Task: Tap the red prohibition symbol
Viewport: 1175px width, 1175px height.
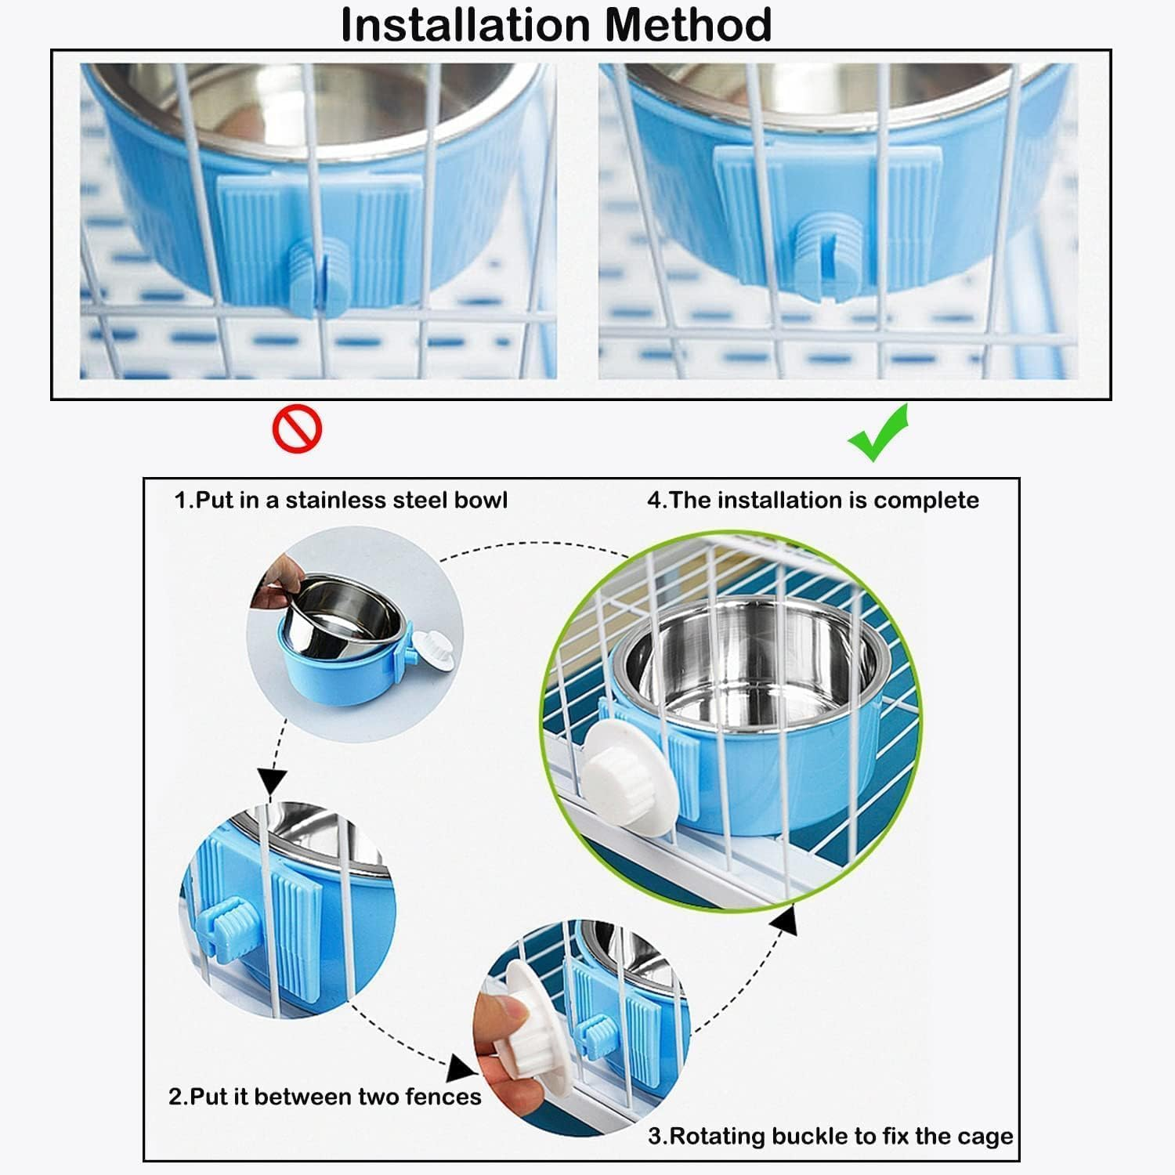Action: tap(297, 428)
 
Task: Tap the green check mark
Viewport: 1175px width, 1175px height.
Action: tap(878, 433)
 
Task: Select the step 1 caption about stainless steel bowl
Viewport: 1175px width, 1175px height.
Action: tap(341, 500)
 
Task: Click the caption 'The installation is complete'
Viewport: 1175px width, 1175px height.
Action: tap(813, 500)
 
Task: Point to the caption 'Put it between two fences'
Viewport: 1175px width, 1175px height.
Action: tap(325, 1096)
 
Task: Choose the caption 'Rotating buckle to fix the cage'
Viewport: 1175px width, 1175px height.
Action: tap(830, 1136)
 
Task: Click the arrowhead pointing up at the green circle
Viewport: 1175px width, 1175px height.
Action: tap(786, 920)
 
